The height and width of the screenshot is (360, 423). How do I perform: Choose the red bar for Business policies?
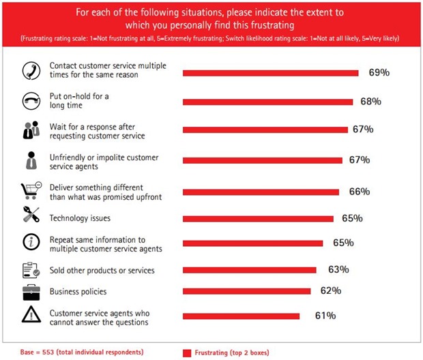point(246,291)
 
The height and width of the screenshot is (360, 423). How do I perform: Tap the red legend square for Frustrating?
point(187,352)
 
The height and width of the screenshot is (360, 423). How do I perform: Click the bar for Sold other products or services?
point(250,269)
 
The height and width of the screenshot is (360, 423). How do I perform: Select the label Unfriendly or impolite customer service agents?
point(104,162)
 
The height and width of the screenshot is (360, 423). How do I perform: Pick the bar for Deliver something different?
point(261,192)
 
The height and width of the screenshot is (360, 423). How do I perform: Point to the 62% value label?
point(330,291)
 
